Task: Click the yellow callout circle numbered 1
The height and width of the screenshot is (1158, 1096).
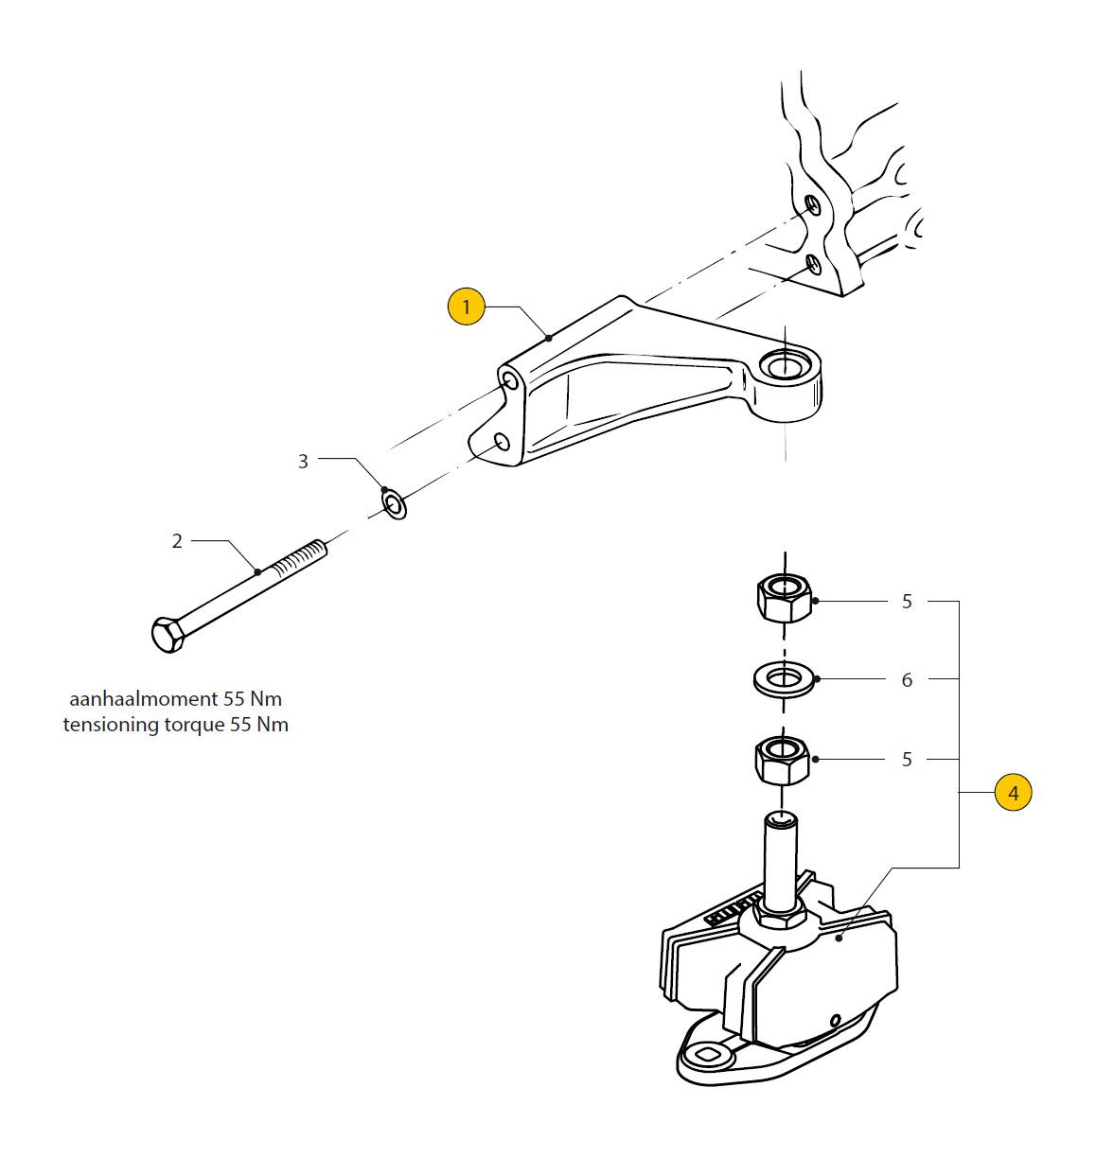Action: [x=466, y=307]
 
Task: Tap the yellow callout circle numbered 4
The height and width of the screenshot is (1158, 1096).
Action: [x=1013, y=793]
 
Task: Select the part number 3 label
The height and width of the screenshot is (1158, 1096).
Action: [x=303, y=462]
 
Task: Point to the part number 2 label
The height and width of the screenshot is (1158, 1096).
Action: [x=177, y=542]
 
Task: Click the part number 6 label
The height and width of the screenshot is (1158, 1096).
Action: [x=907, y=680]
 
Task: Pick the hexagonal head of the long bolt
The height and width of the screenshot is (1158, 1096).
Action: [x=168, y=634]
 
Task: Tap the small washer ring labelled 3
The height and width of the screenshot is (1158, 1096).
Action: [x=394, y=503]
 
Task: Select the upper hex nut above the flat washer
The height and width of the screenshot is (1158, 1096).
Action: [x=784, y=598]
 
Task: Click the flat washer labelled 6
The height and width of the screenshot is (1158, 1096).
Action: [x=784, y=679]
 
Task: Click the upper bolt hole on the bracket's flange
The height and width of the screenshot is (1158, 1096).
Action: [x=509, y=380]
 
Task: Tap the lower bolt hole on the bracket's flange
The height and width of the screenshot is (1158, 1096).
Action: [x=502, y=442]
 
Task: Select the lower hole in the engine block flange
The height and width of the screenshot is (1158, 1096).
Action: [x=813, y=261]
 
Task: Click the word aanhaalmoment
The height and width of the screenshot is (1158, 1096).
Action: [x=143, y=700]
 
